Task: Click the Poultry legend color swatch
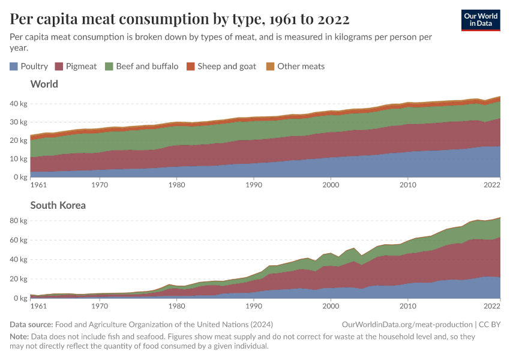point(14,66)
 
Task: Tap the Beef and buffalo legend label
point(147,66)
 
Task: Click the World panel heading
point(44,84)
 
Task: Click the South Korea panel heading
point(58,205)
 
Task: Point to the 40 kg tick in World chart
point(18,104)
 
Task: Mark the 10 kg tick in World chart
point(18,159)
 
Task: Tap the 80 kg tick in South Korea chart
point(18,221)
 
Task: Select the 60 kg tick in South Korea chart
point(18,240)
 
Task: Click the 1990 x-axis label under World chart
point(254,185)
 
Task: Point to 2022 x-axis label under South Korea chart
point(492,306)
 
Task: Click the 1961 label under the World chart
point(38,185)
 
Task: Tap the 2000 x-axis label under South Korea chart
point(331,306)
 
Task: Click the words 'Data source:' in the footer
point(31,325)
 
